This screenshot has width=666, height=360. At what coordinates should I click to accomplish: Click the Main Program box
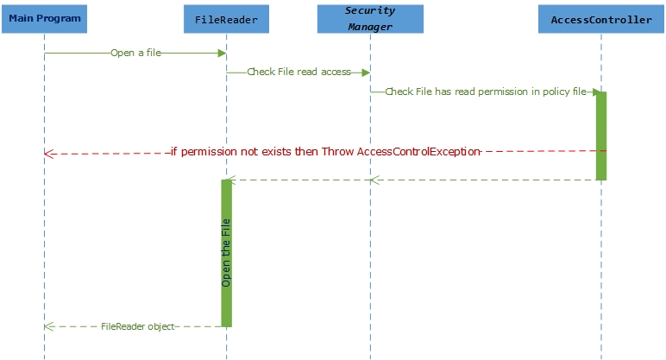point(44,18)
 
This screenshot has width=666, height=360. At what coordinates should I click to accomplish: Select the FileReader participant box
point(226,18)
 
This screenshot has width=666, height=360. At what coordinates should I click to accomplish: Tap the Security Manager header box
point(370,18)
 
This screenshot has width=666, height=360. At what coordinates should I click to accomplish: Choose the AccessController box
point(600,19)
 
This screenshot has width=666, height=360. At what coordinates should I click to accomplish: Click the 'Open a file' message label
point(135,53)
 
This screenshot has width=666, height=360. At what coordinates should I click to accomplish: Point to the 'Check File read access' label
point(298,72)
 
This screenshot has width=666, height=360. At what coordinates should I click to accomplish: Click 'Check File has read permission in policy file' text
point(485,92)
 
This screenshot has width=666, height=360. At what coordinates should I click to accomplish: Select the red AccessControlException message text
point(324,151)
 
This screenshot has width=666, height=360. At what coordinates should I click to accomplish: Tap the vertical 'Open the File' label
point(227,252)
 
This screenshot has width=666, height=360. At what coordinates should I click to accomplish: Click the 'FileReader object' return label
point(137,326)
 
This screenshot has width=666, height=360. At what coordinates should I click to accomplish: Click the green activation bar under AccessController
point(601,136)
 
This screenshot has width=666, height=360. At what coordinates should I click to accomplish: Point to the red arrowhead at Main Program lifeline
point(48,154)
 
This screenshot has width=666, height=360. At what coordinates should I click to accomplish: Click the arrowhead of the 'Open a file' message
point(222,53)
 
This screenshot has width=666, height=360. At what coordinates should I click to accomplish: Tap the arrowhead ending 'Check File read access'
point(366,73)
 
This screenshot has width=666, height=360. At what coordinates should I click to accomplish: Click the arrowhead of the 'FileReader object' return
point(48,326)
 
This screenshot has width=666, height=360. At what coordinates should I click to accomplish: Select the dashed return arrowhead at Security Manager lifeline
point(374,180)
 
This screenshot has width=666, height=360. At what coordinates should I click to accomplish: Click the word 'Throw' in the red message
point(337,151)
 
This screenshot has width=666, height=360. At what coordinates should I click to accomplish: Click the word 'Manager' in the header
point(370,26)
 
